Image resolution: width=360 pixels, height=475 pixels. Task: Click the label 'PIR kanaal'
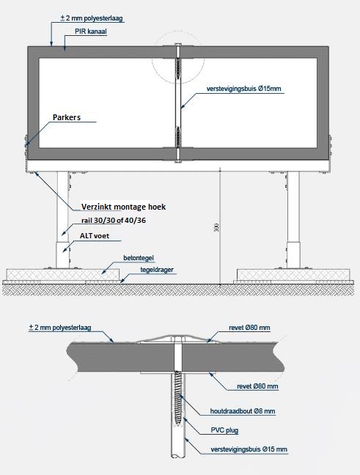click(91, 32)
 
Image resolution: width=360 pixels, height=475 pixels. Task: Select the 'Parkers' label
click(67, 117)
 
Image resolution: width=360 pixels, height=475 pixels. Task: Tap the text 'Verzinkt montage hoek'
click(124, 207)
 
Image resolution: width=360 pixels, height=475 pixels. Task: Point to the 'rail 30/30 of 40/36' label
click(114, 221)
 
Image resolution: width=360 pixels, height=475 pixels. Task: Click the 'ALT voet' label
click(95, 236)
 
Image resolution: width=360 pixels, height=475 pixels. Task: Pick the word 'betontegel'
click(139, 258)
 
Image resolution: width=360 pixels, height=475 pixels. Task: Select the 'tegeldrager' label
click(157, 270)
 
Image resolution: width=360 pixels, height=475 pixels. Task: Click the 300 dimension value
click(216, 228)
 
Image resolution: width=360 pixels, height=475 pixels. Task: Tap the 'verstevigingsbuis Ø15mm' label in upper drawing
click(244, 89)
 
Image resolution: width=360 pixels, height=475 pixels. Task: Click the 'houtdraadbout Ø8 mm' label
click(243, 411)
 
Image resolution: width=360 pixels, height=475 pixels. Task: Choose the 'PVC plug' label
click(224, 430)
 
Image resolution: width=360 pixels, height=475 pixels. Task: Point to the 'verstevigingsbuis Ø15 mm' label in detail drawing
click(249, 449)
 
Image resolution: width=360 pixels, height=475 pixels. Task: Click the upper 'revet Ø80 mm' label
click(249, 328)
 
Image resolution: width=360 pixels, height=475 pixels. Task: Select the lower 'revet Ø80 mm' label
click(257, 386)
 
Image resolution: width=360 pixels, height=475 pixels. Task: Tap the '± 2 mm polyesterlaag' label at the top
click(92, 18)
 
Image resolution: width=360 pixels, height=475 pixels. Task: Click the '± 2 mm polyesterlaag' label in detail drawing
click(60, 328)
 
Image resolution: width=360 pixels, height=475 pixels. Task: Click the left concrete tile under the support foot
click(62, 274)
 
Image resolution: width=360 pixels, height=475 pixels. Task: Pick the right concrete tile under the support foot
click(293, 274)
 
